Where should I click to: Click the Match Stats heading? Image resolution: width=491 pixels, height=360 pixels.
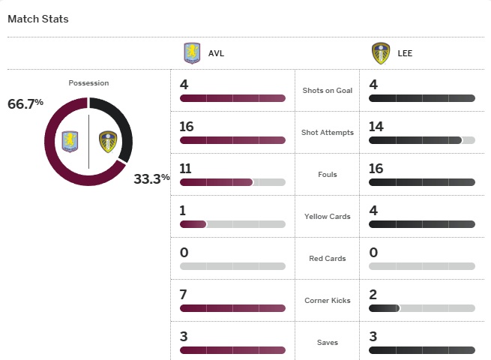pos(37,19)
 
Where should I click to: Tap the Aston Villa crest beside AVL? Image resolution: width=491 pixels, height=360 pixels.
pos(193,54)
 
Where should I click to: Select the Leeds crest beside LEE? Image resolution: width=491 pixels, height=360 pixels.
pos(381,54)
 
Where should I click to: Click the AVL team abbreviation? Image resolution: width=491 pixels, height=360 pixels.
pos(216,54)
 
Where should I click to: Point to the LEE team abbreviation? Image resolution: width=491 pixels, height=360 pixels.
pos(406,54)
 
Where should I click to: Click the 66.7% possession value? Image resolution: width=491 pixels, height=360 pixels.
pos(25,104)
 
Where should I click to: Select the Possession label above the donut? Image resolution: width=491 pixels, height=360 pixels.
pos(88,83)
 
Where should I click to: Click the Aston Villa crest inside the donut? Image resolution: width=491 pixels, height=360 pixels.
pos(71,141)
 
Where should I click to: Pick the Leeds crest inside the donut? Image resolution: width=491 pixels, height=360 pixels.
pos(108,141)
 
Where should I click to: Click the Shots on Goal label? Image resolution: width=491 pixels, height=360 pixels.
pos(327,91)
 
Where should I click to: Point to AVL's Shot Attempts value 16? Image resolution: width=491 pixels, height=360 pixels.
pos(187,127)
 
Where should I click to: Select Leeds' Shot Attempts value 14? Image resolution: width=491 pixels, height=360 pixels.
pos(376,127)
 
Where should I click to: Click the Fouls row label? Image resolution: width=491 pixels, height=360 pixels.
pos(327,175)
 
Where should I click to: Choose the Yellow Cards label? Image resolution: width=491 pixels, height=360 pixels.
pos(327,217)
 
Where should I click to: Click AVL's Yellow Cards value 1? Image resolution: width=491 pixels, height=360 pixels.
pos(183,211)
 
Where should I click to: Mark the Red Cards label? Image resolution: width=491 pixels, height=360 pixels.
pos(327,259)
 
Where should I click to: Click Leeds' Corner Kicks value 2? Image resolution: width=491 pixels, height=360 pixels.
pos(373,295)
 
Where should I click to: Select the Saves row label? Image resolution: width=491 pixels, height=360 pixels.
pos(327,343)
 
